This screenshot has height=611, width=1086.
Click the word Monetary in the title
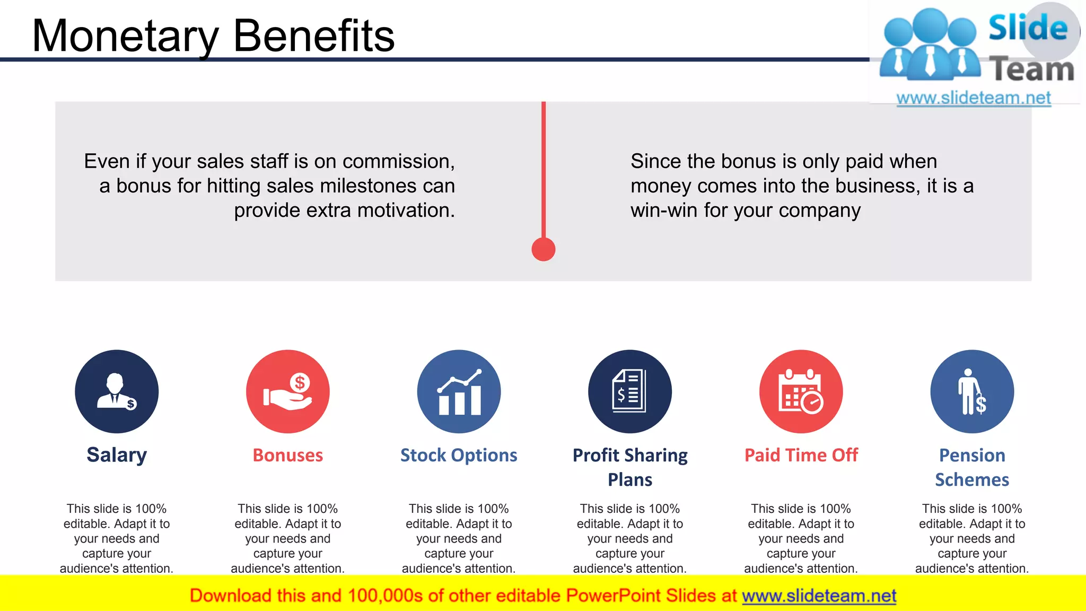(125, 36)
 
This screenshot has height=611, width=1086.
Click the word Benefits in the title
(314, 36)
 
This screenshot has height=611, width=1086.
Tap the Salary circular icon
(117, 391)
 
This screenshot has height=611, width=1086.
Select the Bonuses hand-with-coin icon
(288, 391)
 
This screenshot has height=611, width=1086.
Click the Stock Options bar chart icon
(459, 391)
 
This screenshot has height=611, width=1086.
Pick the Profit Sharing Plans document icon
(630, 391)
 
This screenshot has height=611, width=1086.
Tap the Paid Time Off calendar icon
(801, 391)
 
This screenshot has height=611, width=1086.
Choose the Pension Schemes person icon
(972, 391)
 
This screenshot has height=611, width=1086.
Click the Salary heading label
(117, 455)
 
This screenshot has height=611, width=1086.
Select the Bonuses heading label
(288, 455)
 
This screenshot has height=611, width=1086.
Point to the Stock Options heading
(459, 455)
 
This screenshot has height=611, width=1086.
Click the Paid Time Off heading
(801, 455)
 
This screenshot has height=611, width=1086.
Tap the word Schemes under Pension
(972, 479)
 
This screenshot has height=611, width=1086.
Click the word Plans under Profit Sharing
(630, 479)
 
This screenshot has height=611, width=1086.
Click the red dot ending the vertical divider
(544, 249)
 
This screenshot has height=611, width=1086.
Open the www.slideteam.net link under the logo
(974, 98)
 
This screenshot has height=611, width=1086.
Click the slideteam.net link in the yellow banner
(819, 596)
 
